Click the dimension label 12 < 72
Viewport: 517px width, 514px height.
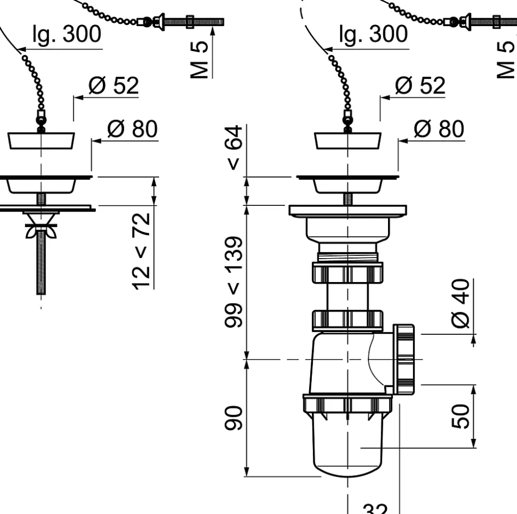point(141,251)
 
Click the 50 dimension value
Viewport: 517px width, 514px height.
point(462,416)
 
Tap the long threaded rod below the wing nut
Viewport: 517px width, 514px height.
point(41,267)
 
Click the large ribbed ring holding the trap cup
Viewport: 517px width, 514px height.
point(348,405)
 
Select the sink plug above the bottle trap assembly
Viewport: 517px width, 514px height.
point(348,140)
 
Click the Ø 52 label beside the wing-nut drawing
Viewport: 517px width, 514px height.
point(113,85)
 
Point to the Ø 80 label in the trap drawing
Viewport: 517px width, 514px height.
point(439,129)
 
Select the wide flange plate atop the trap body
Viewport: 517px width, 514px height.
point(348,210)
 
